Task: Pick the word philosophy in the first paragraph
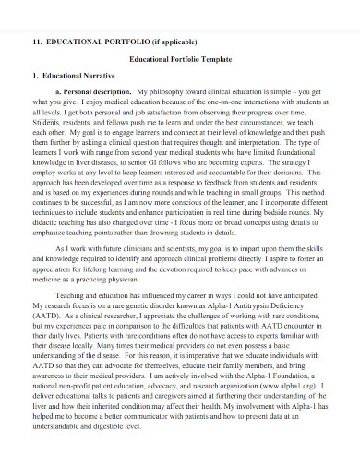pos(170,93)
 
